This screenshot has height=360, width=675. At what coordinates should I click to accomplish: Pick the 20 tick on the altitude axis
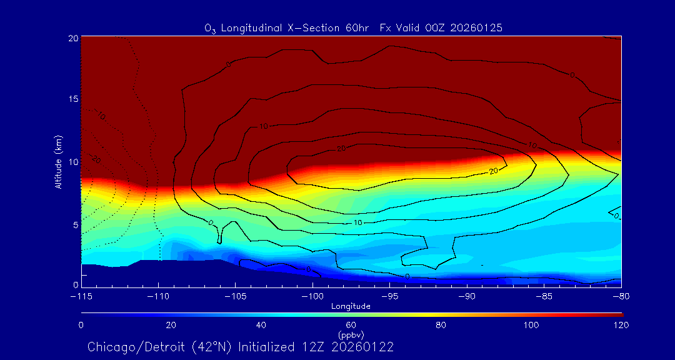click(x=72, y=37)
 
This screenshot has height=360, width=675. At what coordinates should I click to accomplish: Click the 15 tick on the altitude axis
click(x=72, y=99)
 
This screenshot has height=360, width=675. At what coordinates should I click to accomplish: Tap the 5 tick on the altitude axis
click(x=74, y=224)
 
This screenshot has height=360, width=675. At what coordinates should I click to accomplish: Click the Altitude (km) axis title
click(x=58, y=161)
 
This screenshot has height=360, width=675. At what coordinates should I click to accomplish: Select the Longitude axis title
click(x=351, y=306)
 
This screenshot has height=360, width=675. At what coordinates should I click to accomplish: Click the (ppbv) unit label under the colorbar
click(x=351, y=334)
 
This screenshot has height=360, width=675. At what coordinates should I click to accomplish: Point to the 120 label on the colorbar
click(x=621, y=325)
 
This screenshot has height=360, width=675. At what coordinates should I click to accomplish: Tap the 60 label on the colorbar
click(x=351, y=325)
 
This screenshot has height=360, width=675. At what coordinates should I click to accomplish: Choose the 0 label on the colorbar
click(x=81, y=325)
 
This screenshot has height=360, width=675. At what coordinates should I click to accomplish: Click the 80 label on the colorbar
click(x=441, y=325)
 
